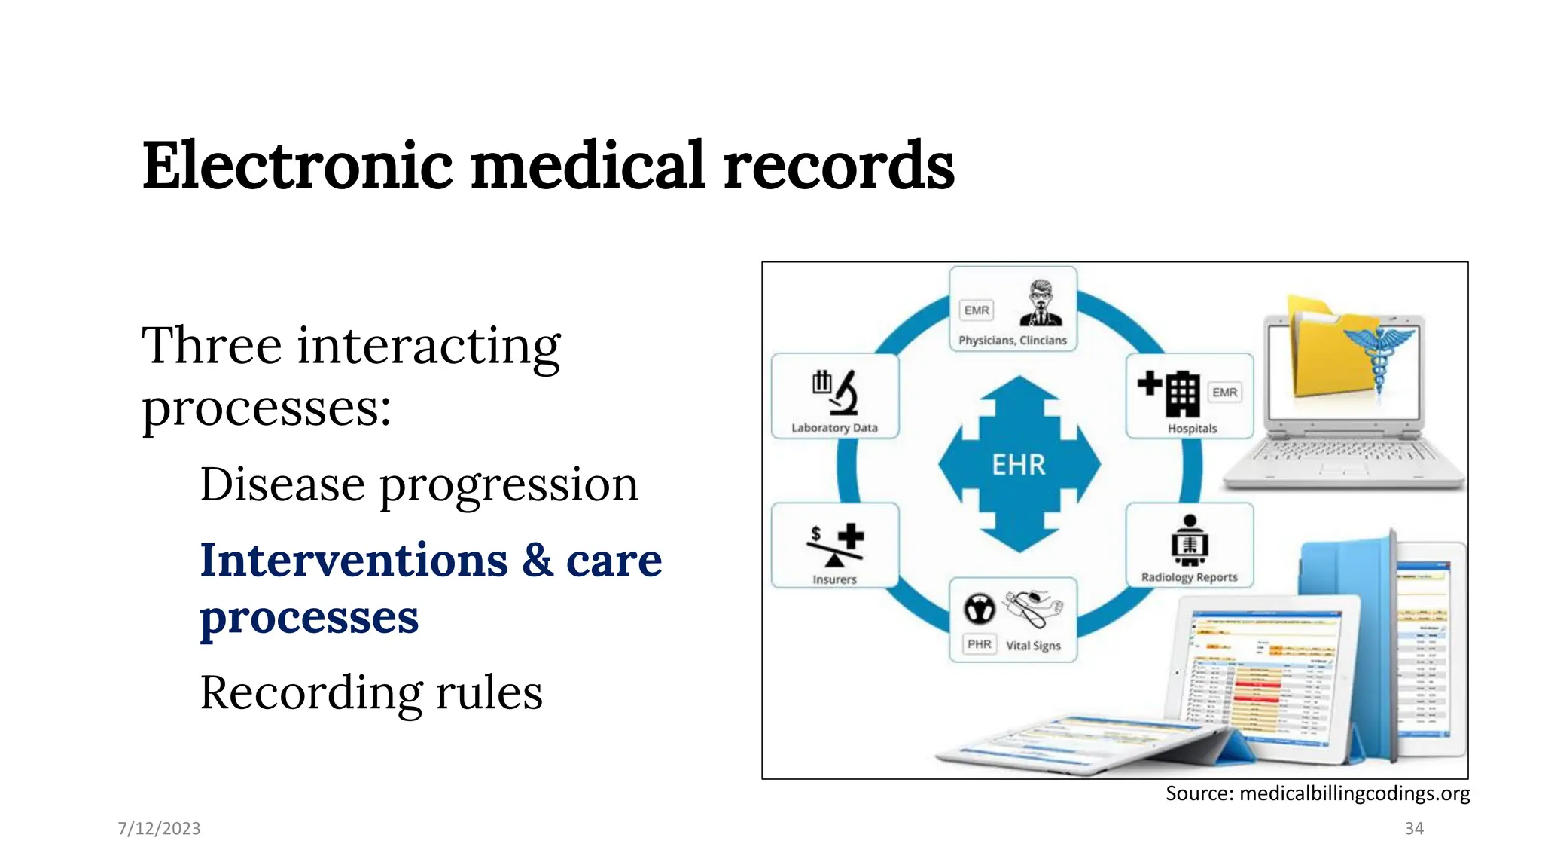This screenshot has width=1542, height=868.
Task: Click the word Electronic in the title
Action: tap(297, 166)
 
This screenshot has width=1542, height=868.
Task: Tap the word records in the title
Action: tap(839, 166)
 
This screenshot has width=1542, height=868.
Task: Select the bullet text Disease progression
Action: tap(419, 484)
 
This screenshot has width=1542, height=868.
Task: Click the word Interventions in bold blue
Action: tap(354, 561)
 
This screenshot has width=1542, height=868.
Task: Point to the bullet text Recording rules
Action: tap(370, 692)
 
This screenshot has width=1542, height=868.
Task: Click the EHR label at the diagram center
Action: tap(1019, 465)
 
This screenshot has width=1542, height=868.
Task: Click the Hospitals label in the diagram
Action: tap(1192, 429)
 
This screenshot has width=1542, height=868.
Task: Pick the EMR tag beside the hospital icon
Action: tap(1224, 393)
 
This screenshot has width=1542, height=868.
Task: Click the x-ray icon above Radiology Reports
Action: tap(1190, 540)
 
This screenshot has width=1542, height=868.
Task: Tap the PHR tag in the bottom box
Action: tap(979, 644)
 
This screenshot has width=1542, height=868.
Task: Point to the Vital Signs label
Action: tap(1033, 646)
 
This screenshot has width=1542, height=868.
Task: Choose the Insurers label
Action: tap(834, 579)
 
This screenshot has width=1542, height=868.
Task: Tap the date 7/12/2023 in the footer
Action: tap(159, 828)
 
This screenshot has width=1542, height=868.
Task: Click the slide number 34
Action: tap(1414, 828)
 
